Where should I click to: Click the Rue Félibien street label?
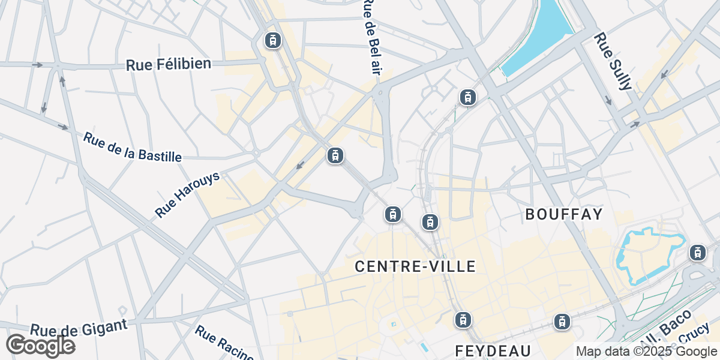[169, 64]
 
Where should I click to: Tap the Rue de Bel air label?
[373, 36]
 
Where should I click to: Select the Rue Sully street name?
[613, 61]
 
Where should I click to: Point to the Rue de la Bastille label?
[132, 147]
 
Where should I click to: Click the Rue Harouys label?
[187, 194]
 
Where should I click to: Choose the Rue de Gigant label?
[79, 328]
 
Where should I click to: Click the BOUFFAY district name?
[563, 214]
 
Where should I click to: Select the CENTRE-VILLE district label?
[415, 266]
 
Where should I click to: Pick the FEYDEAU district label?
[493, 350]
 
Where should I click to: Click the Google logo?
[40, 346]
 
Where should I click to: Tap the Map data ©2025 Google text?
[647, 351]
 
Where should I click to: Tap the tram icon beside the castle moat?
[697, 253]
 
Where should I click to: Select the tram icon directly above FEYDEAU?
[462, 320]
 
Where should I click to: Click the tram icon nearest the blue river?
[467, 97]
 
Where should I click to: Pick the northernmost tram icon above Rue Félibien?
[273, 40]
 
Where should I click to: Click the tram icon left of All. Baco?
[562, 321]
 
